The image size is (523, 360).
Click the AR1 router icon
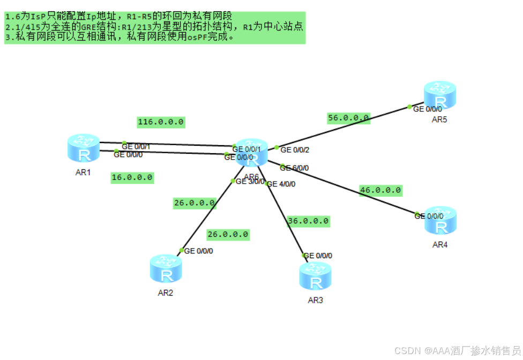[84, 148]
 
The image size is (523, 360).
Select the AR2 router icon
[166, 269]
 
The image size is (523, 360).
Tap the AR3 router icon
[316, 276]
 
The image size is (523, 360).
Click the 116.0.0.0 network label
[161, 122]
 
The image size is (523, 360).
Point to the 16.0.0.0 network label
[132, 177]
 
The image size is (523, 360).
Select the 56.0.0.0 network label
[349, 118]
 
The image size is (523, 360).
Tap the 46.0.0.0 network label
[380, 190]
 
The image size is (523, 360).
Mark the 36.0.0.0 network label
[308, 221]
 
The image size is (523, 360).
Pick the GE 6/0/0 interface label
[295, 168]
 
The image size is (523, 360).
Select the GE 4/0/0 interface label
[281, 184]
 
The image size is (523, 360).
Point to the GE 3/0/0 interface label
[250, 181]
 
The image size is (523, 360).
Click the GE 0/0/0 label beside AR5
[431, 109]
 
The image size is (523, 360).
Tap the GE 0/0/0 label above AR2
[198, 251]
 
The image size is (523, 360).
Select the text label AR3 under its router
[315, 300]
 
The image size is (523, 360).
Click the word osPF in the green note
[197, 37]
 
